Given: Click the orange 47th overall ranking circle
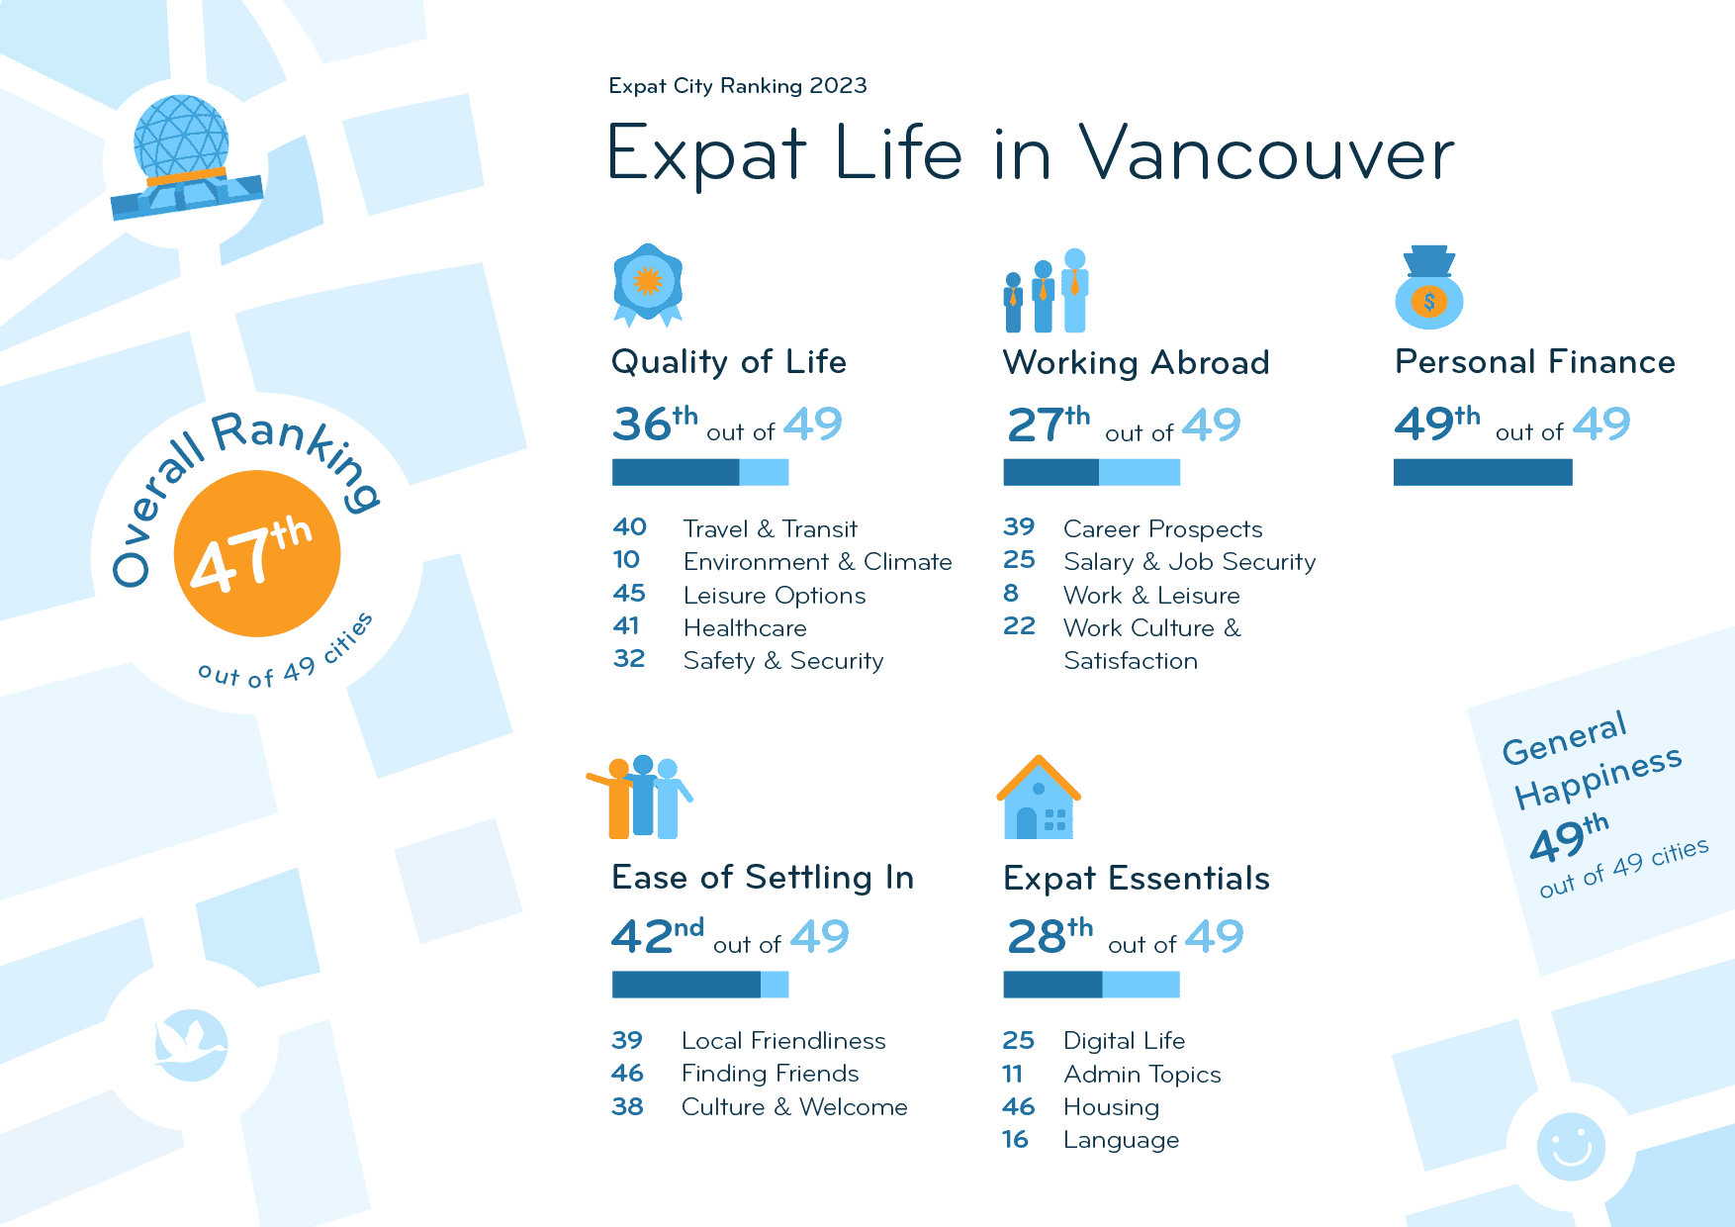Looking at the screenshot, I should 257,553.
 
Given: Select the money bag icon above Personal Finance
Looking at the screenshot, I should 1429,289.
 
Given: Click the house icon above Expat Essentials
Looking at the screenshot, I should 1039,800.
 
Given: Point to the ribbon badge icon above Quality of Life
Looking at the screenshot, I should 648,284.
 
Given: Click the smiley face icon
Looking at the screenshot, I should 1571,1147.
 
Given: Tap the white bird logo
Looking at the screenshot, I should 191,1044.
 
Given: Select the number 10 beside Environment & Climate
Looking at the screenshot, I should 626,560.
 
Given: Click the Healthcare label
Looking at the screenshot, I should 745,628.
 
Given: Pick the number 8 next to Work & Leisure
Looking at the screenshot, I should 1010,594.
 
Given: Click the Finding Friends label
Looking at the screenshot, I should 770,1074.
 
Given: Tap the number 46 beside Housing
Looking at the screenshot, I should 1018,1106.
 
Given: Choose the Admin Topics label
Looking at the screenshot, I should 1141,1075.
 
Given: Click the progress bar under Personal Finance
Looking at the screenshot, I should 1482,473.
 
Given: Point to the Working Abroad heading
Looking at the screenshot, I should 1136,363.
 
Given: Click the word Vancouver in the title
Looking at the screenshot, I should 1266,154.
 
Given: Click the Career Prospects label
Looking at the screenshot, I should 1162,529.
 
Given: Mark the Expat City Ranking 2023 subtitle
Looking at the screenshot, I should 738,86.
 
